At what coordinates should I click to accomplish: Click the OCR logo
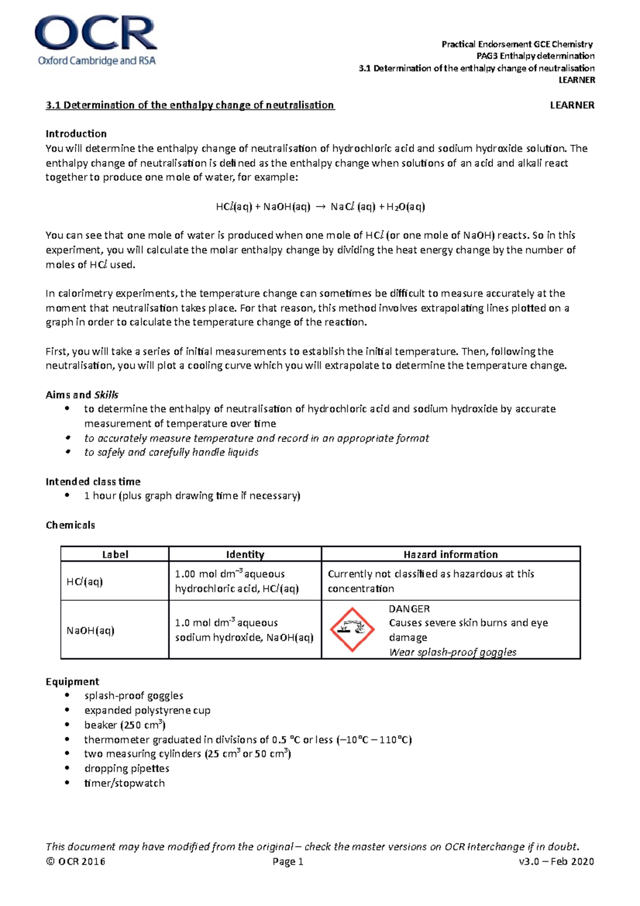click(x=96, y=42)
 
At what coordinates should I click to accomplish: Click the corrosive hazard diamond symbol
click(x=351, y=630)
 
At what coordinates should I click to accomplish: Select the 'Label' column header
click(x=115, y=554)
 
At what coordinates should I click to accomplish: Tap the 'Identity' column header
click(x=245, y=554)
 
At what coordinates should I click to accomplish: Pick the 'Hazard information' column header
click(x=450, y=554)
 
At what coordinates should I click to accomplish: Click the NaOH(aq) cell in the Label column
click(x=91, y=631)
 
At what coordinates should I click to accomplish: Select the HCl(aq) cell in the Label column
click(x=85, y=582)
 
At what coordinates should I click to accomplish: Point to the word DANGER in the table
click(x=409, y=609)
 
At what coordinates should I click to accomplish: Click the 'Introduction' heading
click(x=76, y=134)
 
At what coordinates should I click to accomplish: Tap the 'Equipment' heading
click(x=73, y=682)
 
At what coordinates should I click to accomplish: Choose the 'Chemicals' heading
click(x=70, y=525)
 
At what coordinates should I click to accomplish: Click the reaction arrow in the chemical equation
click(x=320, y=207)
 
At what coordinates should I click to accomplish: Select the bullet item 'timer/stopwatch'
click(x=124, y=783)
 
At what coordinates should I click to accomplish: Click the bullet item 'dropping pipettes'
click(x=126, y=769)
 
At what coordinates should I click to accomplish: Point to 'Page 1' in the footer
click(x=287, y=862)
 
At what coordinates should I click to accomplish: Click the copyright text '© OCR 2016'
click(x=76, y=862)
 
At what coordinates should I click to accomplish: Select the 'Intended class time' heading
click(x=93, y=482)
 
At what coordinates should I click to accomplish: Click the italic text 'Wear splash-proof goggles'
click(x=452, y=652)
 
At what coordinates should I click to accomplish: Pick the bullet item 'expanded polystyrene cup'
click(x=147, y=711)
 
